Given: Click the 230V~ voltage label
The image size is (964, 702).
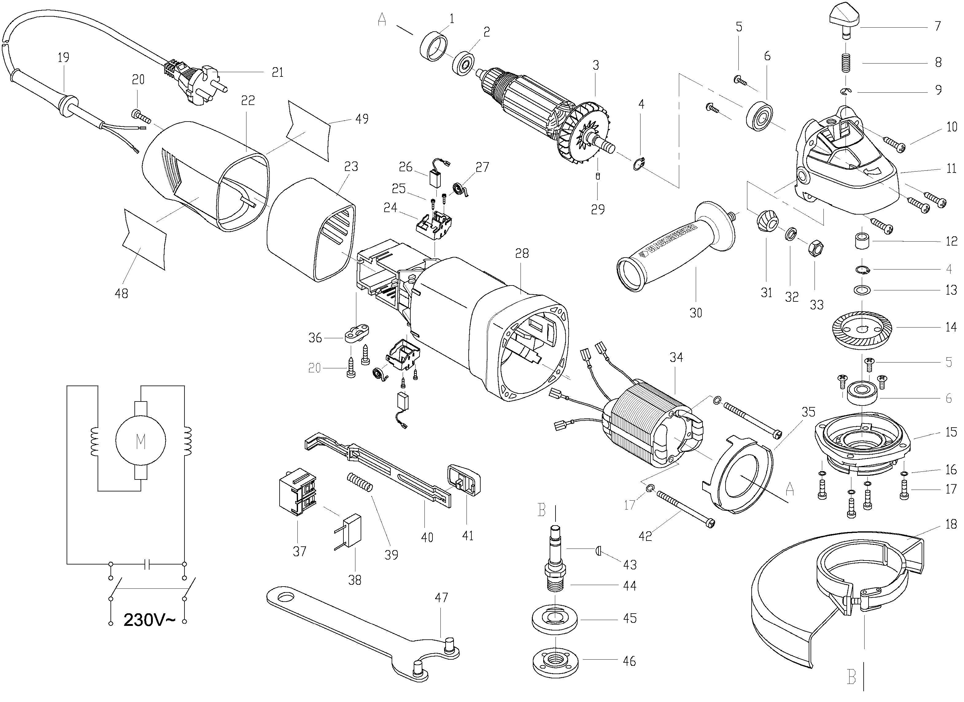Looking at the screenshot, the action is [x=149, y=620].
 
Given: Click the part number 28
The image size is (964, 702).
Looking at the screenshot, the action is [x=522, y=254].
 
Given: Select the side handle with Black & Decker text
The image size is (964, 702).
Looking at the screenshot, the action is [x=676, y=246].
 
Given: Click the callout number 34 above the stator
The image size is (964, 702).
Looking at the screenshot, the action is [x=676, y=357].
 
